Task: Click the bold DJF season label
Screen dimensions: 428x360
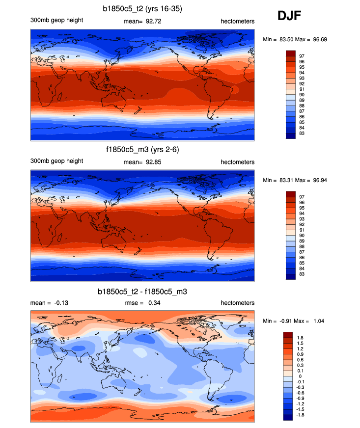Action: (289, 16)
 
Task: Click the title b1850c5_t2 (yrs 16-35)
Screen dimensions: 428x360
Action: (141, 8)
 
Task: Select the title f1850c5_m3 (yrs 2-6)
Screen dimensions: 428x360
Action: (141, 150)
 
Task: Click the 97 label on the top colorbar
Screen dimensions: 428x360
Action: (303, 56)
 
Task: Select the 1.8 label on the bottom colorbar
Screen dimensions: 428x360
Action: (301, 338)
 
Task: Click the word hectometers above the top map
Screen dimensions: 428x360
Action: (238, 21)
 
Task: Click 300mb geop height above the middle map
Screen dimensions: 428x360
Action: (56, 161)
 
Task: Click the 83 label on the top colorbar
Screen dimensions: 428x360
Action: (303, 134)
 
